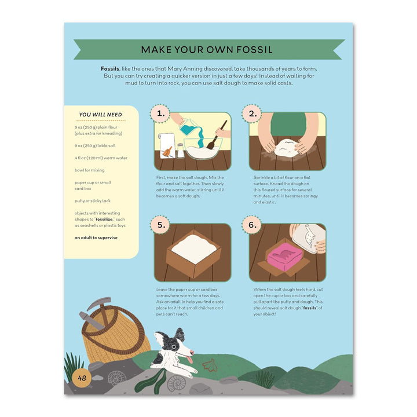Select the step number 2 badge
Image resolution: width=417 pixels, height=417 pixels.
[x=253, y=114]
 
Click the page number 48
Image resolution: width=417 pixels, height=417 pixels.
[x=82, y=378]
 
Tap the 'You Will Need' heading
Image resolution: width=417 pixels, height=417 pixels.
[x=100, y=115]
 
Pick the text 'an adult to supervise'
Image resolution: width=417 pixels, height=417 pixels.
[x=96, y=237]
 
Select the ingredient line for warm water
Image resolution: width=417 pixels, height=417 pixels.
[x=101, y=158]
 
